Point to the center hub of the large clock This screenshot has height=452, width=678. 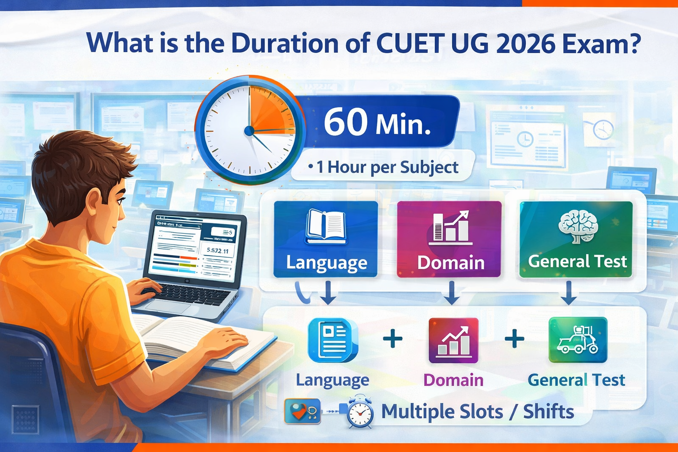[249, 131]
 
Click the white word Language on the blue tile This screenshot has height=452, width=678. [327, 263]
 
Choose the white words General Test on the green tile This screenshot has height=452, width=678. [577, 261]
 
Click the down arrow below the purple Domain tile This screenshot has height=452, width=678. [451, 294]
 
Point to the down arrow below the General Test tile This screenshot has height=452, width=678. [569, 294]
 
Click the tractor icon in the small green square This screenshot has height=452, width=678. [578, 340]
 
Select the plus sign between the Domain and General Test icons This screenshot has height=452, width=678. [514, 339]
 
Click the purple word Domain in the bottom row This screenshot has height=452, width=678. [453, 380]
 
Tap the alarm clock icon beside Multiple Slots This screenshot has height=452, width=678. [359, 412]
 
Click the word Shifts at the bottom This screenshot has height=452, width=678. [548, 411]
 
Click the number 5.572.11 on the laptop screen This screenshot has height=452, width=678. [217, 251]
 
